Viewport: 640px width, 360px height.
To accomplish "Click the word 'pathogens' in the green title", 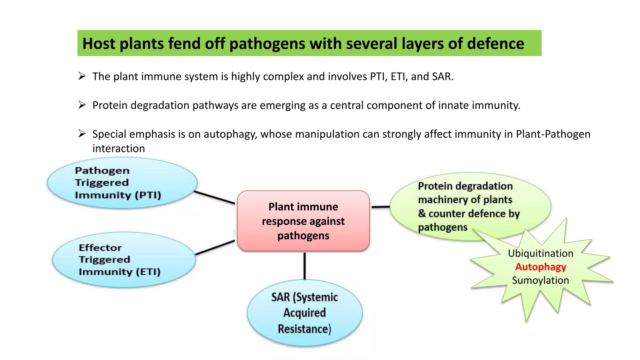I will (x=267, y=44).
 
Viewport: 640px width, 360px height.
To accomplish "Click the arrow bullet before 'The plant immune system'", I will (x=82, y=76).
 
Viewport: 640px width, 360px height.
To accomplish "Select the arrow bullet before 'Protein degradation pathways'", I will (x=82, y=105).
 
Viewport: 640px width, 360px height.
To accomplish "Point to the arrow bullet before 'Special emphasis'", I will (x=82, y=134).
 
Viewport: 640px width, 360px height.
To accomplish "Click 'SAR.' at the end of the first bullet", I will (x=442, y=77).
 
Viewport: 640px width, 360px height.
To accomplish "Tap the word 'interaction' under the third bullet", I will (x=118, y=148).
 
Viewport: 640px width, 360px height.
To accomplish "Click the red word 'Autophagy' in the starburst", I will (x=540, y=267).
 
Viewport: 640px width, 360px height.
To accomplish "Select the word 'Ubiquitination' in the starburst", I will (x=540, y=253).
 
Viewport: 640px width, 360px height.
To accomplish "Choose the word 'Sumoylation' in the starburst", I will (x=540, y=280).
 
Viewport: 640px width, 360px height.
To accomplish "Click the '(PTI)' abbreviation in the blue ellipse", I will (x=148, y=195).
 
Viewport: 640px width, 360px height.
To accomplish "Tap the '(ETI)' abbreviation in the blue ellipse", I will (x=148, y=272).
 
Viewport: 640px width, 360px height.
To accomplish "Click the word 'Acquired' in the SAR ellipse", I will (x=305, y=313).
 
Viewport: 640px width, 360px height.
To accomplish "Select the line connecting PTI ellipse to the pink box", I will (x=214, y=198).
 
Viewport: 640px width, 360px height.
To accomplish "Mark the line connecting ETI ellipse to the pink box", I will (x=215, y=247).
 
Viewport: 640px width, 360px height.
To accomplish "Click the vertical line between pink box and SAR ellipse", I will (x=305, y=266).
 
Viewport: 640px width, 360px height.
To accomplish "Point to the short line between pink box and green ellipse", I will (x=380, y=207).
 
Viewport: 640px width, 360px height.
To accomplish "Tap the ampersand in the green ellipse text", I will (x=422, y=213).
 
